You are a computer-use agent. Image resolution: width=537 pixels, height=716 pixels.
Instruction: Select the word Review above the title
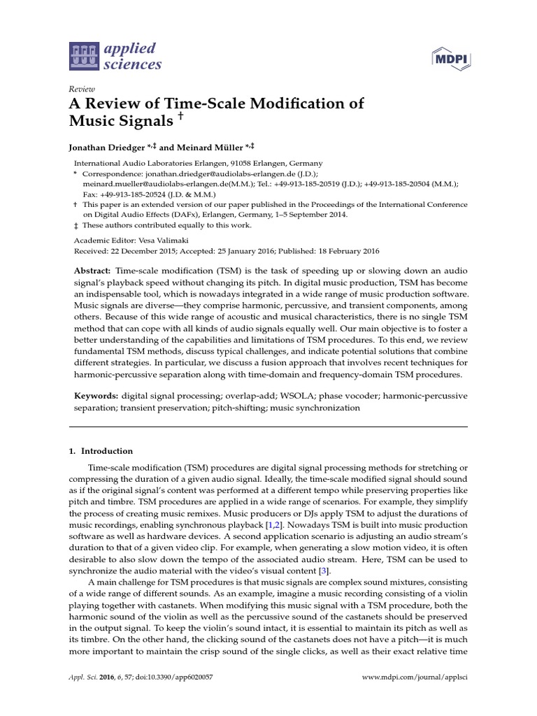[81, 89]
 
